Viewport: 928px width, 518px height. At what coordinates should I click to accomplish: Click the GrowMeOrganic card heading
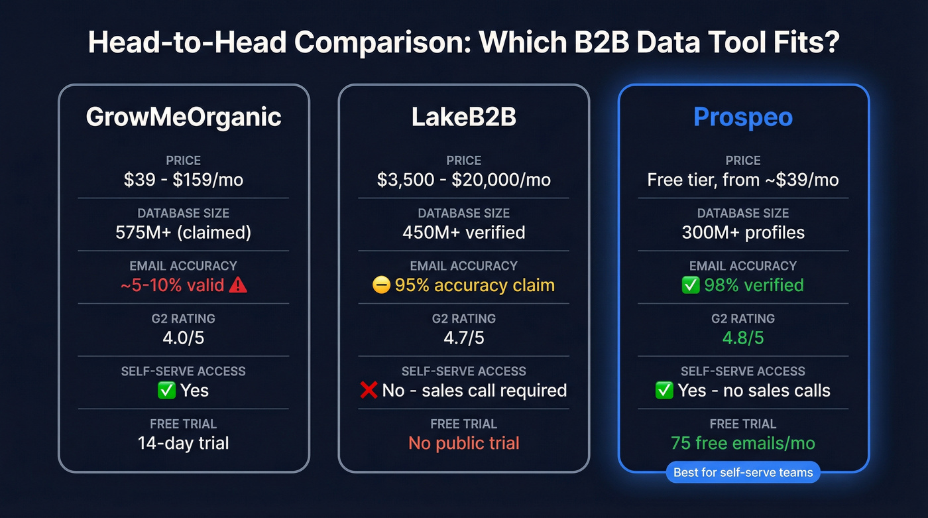pos(184,117)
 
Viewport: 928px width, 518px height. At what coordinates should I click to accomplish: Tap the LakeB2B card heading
pos(463,117)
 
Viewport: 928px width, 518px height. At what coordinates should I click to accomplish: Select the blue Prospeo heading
pos(743,117)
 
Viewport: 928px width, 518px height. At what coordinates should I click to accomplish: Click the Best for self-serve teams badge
pos(743,473)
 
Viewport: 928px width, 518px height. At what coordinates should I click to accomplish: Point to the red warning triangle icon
pos(237,285)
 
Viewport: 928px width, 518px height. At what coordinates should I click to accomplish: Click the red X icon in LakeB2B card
pos(369,391)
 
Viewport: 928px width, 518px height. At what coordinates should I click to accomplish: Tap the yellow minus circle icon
pos(381,285)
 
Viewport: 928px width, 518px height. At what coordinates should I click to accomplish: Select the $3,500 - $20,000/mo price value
pos(463,180)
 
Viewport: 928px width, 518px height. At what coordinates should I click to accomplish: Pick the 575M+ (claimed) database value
pos(184,232)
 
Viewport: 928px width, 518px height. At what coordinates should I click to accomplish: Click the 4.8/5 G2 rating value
pos(743,338)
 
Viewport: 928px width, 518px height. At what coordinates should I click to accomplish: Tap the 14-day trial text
pos(184,443)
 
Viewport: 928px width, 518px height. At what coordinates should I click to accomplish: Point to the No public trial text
pos(463,443)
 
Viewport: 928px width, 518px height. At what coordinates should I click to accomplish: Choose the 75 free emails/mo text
pos(743,443)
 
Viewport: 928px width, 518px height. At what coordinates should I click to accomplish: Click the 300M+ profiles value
pos(743,232)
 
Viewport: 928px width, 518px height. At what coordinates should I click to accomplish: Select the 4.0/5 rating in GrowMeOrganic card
pos(184,338)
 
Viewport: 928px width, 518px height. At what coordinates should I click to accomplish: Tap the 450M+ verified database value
pos(463,232)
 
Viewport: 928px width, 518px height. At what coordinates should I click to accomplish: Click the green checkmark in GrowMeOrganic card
pos(166,391)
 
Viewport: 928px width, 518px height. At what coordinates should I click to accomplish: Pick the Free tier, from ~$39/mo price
pos(743,180)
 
